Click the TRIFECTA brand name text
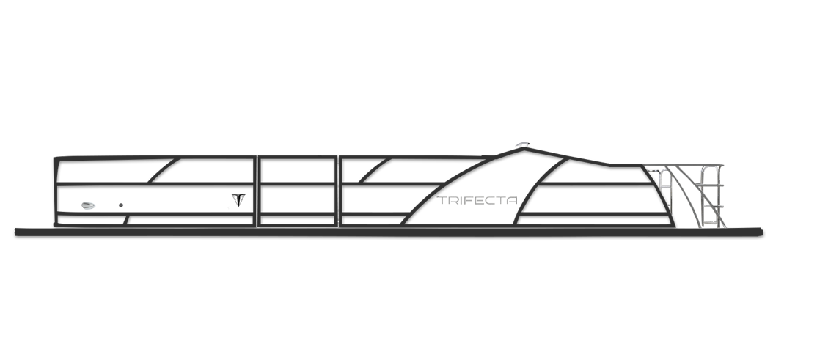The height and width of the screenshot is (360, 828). point(477,201)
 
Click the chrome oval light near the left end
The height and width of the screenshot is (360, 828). point(88,206)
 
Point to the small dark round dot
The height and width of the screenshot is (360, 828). point(121,205)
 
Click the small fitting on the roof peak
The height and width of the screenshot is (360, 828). point(522,144)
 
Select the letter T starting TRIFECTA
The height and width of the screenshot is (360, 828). point(442,201)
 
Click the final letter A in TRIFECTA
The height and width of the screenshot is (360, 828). point(512,201)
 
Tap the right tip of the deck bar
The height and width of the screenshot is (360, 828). point(762,232)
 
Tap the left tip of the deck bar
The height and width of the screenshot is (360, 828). point(16,232)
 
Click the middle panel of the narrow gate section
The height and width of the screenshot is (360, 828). point(297,199)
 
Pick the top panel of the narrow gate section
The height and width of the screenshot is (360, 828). point(297,171)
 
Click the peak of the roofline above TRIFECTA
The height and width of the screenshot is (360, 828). point(524,150)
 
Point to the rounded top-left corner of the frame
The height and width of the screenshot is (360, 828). point(56,159)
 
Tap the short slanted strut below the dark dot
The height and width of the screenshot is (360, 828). point(126,220)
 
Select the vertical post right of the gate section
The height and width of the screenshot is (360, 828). point(338,191)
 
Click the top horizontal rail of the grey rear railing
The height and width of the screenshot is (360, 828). point(682,165)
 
